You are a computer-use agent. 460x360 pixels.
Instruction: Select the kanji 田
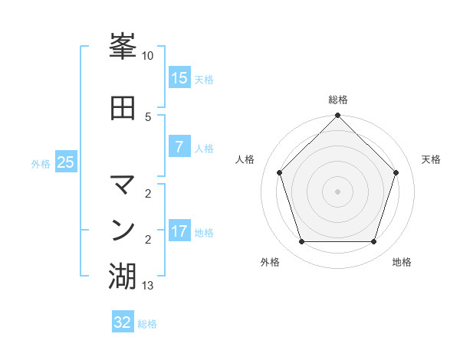pos(123,108)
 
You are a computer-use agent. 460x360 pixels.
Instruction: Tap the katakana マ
pos(123,185)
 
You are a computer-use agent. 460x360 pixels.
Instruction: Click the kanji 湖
pos(123,276)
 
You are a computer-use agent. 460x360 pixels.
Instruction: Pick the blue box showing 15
pos(179,78)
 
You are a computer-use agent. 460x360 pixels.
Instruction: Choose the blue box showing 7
pos(179,147)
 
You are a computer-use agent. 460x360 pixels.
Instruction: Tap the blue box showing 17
pos(179,231)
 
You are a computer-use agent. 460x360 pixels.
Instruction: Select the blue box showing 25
pos(66,162)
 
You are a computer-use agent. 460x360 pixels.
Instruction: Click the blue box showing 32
pos(123,322)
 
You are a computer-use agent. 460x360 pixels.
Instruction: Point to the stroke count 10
pos(148,56)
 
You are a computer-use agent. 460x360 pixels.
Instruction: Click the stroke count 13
pos(148,286)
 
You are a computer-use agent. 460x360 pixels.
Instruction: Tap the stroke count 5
pos(148,116)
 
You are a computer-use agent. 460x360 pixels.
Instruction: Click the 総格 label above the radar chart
pos(338,100)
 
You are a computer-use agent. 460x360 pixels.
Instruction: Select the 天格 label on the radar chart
pos(431,159)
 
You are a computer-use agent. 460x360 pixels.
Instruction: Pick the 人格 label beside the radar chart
pos(245,159)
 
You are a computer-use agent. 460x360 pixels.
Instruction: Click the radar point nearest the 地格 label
pos(374,242)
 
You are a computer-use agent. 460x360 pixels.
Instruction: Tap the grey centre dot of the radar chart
pos(338,191)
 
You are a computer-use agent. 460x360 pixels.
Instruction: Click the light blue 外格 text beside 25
pos(41,163)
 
